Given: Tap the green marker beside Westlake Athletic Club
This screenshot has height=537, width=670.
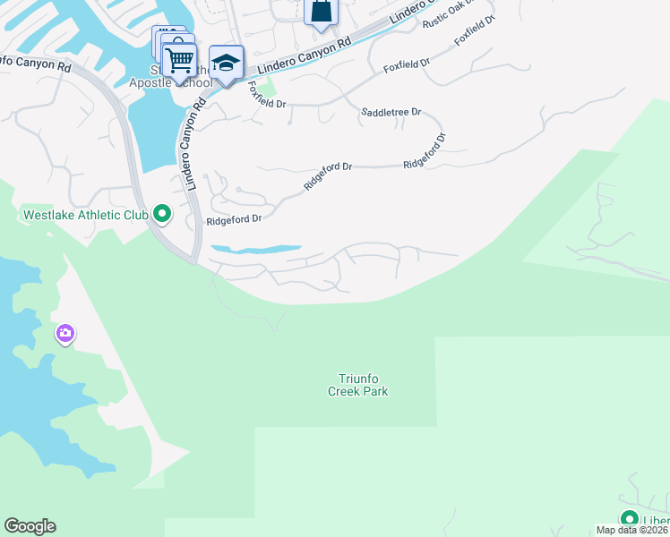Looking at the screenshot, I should click(x=162, y=214).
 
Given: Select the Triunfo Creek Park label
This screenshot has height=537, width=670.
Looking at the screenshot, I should click(x=364, y=385).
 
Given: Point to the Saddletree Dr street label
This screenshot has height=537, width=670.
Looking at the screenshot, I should click(x=391, y=112).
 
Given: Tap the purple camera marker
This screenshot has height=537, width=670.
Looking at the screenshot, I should click(x=64, y=335).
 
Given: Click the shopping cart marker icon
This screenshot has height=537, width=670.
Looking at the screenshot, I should click(x=180, y=60).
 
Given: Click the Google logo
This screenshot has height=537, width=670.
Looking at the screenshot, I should click(x=30, y=526).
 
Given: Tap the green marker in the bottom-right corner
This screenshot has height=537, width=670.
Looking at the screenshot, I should click(x=630, y=519).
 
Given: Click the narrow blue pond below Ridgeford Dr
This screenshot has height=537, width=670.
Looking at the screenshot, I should click(x=256, y=249).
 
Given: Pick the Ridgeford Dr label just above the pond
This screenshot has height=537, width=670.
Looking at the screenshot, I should click(x=234, y=218).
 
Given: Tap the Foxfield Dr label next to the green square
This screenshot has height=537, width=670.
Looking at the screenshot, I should click(x=266, y=97).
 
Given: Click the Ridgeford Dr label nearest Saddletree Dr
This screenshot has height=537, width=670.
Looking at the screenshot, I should click(x=425, y=151).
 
